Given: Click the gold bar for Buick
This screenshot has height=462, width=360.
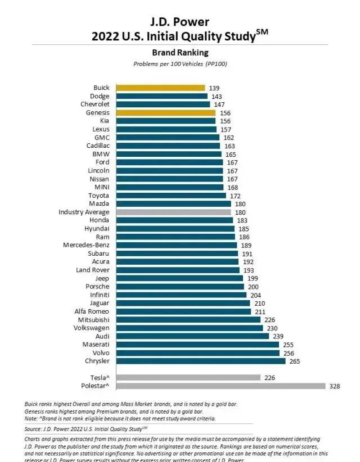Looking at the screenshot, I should [x=160, y=88].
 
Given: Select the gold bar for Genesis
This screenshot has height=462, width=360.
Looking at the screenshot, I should [x=165, y=112].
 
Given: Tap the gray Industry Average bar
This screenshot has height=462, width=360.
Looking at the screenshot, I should [x=173, y=212].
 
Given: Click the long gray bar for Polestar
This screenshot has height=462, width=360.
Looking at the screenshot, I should [x=220, y=386].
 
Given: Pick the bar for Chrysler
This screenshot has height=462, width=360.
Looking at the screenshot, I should [x=201, y=361].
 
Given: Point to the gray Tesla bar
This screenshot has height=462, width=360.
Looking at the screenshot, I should [x=188, y=378].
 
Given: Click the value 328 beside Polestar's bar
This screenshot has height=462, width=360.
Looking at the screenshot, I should [x=335, y=386].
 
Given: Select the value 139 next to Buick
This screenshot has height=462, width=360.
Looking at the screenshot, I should [x=214, y=88].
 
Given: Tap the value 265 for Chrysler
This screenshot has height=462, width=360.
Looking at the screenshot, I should [x=294, y=361].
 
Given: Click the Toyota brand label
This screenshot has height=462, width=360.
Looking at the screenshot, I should [x=98, y=195].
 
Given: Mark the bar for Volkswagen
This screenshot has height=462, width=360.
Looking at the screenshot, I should [x=190, y=328].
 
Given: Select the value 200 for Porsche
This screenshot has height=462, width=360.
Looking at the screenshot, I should [x=253, y=287].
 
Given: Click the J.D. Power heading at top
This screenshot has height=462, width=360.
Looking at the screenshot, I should [x=180, y=22].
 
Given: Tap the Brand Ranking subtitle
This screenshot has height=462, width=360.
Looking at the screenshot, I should [x=180, y=52].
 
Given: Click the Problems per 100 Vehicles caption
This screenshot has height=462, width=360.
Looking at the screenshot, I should [x=180, y=64].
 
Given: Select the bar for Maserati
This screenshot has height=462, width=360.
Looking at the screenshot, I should [x=197, y=345].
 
